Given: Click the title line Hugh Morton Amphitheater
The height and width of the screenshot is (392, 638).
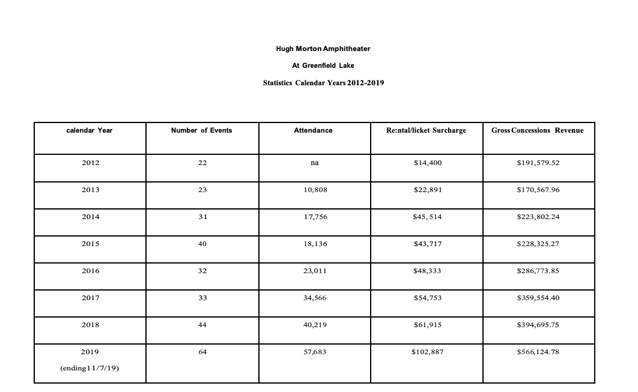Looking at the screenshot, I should pos(323,48).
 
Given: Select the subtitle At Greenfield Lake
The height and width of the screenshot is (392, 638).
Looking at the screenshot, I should pos(323,65).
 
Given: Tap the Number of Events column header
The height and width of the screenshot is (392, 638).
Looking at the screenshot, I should pos(202,130).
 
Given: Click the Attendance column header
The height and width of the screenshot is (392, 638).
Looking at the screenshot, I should pos(313,130).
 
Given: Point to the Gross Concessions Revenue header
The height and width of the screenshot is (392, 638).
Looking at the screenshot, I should pos(537,130).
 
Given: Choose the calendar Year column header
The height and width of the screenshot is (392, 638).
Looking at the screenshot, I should pos(90,130).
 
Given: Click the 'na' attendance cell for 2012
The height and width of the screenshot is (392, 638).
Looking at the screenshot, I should pos(314,163).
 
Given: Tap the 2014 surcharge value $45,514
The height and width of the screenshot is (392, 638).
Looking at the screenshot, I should pos(427,217).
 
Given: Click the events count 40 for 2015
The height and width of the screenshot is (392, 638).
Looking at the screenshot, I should pos(202,244).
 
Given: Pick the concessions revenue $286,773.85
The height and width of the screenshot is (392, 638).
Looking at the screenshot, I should pos(538,271).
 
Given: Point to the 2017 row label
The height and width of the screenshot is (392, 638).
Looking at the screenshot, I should pos(90,298).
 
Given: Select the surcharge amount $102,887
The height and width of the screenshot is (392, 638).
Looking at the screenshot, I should pos(427,352).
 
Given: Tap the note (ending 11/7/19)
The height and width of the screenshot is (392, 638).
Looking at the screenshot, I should pos(90,369).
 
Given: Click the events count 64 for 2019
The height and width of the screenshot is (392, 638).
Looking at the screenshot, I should pos(202,352).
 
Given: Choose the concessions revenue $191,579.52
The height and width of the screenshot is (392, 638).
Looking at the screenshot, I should pos(538,163).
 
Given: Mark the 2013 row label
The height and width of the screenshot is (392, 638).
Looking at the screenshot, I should pos(90,190).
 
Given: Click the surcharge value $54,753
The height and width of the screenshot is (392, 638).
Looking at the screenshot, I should pos(427,298).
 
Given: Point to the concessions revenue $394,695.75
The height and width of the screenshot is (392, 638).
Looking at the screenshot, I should pos(538,325).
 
